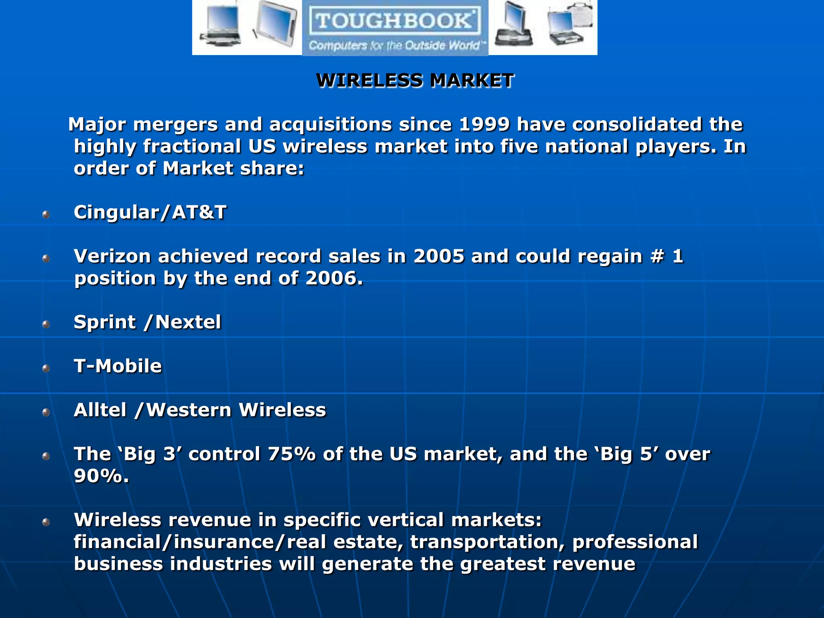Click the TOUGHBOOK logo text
pos(394,20)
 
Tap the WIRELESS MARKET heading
pos(415,80)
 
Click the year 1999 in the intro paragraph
pos(484,124)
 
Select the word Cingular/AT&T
pos(150,212)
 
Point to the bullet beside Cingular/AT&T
pos(46,214)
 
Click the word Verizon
pos(112,256)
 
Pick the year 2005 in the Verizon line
pos(439,256)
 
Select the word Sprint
pos(105,322)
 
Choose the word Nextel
pos(188,322)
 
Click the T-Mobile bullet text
pos(117,366)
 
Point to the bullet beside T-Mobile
pos(46,368)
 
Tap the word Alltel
pos(100,410)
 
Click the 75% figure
pos(292,454)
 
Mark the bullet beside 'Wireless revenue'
pos(46,522)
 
